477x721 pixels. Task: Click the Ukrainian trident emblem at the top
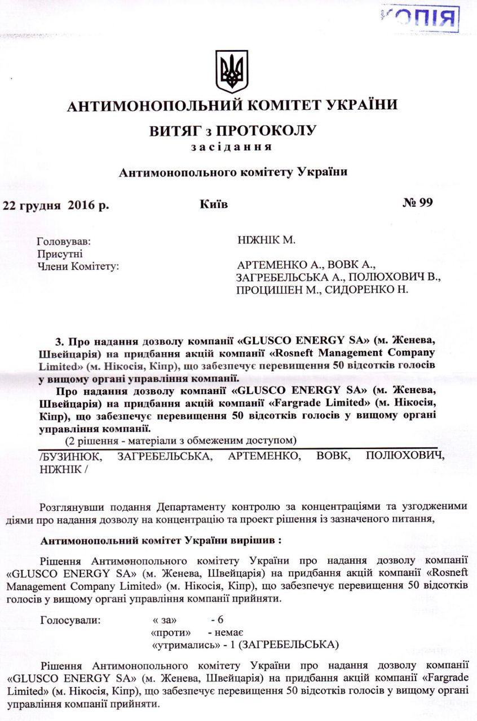coord(232,71)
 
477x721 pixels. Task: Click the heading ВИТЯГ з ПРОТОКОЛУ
coord(232,131)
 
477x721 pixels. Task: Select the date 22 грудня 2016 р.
coord(56,204)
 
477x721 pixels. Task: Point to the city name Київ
coord(214,203)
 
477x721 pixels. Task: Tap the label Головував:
coord(64,242)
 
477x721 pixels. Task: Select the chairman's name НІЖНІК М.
coord(267,241)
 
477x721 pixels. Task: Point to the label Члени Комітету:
coord(78,265)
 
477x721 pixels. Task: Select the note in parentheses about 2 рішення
coord(181,439)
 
